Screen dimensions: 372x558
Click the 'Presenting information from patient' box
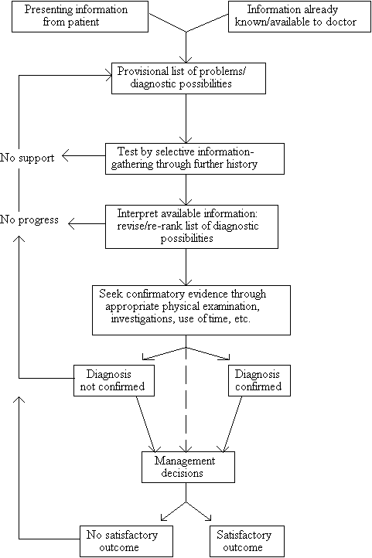point(80,16)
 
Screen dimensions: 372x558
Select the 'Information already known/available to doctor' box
point(295,16)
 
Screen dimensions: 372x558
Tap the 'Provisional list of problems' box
point(189,78)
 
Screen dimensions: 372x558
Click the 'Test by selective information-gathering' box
point(195,158)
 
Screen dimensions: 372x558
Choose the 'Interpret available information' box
point(192,226)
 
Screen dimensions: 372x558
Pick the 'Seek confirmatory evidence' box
point(191,310)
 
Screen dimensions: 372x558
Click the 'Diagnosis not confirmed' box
point(114,380)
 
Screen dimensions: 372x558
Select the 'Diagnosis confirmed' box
point(259,380)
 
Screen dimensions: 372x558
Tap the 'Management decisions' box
point(188,468)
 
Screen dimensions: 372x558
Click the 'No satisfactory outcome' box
point(126,541)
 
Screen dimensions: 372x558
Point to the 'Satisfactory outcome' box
point(247,541)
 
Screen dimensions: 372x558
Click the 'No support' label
point(27,158)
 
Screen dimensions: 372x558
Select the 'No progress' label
point(29,220)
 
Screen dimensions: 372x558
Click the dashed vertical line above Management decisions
point(186,400)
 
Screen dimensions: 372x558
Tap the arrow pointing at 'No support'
point(84,156)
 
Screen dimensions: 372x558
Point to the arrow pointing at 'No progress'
point(87,224)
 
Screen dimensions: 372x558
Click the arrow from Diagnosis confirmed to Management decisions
point(233,424)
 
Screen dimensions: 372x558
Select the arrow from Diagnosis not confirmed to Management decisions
point(146,424)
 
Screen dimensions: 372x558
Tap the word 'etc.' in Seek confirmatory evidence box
point(242,319)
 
